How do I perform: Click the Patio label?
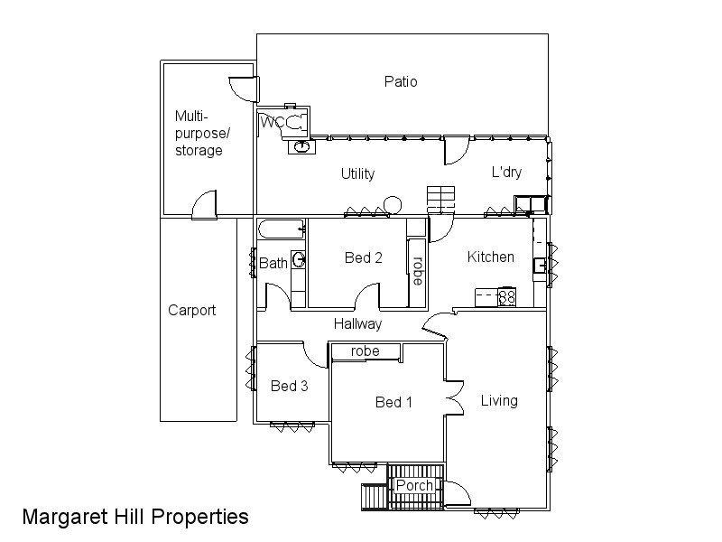coord(401,82)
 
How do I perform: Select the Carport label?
coord(192,310)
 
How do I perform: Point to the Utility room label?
coord(357,173)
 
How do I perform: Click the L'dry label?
coord(506,173)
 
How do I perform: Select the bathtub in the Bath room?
coord(282,229)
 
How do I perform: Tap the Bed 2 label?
coord(364,257)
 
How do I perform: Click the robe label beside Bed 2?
coord(417,271)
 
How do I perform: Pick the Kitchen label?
coord(490,257)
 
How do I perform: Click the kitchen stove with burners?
coord(506,295)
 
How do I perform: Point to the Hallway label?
coord(357,323)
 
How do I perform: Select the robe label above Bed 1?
coord(366,350)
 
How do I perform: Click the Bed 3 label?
coord(290,386)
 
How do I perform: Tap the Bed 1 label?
coord(393,402)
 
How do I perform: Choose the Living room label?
coord(499,400)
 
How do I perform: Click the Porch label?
coord(414,486)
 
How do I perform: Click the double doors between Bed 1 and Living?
coord(454,396)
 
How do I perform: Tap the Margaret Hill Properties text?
coord(135,517)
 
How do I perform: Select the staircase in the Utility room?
coord(441,197)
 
